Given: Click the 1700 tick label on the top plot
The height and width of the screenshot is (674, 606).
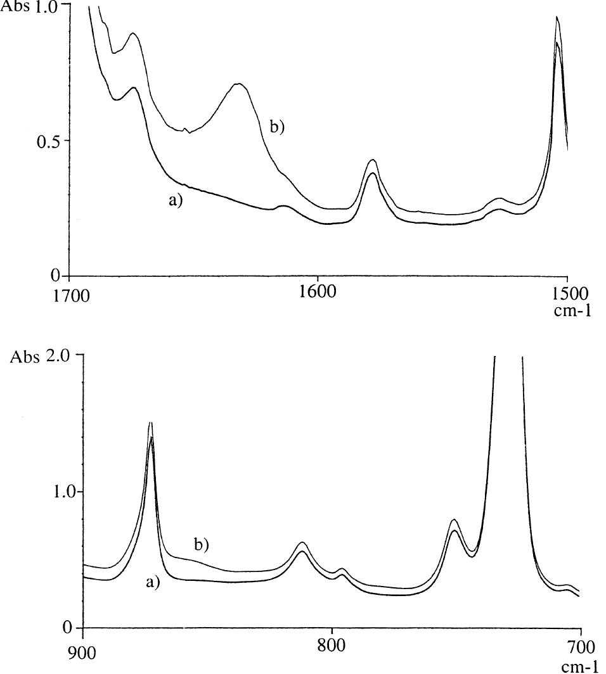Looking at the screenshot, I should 69,295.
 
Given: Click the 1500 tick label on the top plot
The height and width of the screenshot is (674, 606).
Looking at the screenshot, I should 574,295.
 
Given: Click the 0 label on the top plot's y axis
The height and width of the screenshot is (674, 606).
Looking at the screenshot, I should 57,276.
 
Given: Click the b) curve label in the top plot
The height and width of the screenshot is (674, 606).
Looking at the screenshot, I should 278,127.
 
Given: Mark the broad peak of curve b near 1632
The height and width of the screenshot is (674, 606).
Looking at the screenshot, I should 238,84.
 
